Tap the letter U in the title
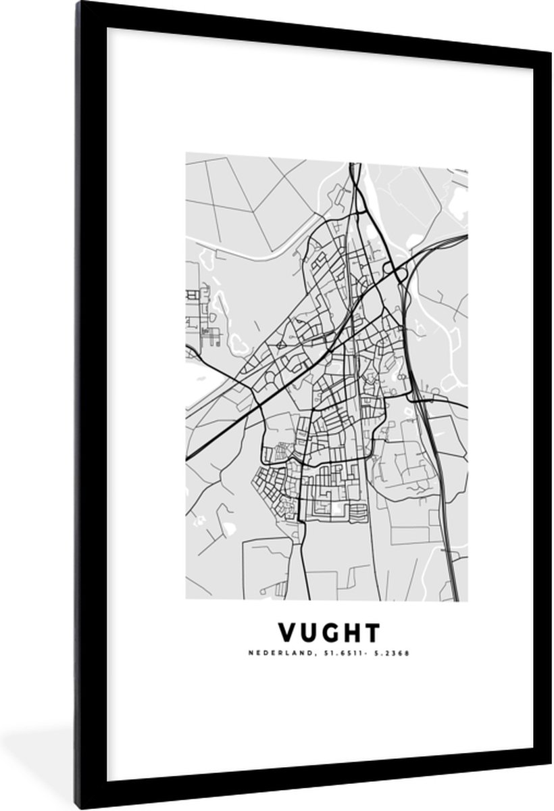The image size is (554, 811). click(307, 633)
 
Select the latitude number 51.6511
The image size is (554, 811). click(316, 654)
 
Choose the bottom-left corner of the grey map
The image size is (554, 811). click(186, 599)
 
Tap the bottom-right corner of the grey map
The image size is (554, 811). click(468, 600)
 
